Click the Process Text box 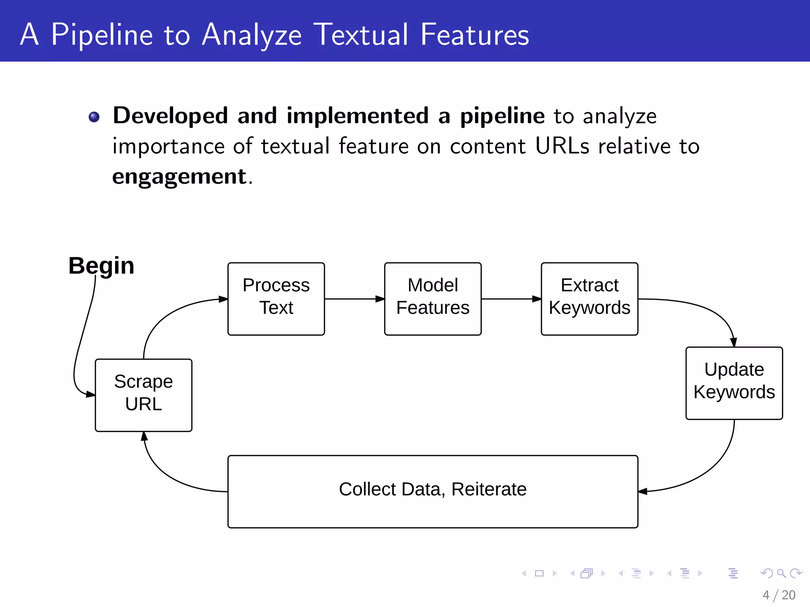tap(276, 299)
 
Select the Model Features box tap(433, 299)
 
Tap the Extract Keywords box tap(589, 299)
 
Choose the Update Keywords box tap(734, 383)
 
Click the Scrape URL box tap(144, 395)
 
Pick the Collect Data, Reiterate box tap(433, 491)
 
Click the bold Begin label tap(101, 266)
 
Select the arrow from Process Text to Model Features tap(354, 299)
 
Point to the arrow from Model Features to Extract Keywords tap(511, 299)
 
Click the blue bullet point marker tap(94, 117)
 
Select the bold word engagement tap(180, 177)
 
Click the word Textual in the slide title tap(361, 35)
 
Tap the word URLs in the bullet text tap(562, 146)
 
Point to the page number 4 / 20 tap(779, 595)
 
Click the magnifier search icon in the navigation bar tap(781, 573)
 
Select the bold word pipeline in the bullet tap(502, 116)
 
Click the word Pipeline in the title tap(102, 35)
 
